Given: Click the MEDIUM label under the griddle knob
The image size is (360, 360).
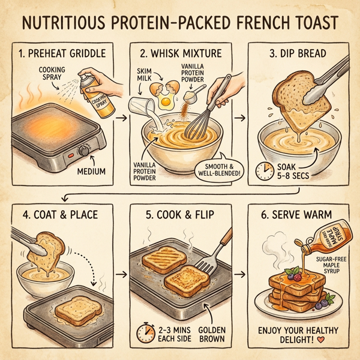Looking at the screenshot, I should click(x=91, y=172).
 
